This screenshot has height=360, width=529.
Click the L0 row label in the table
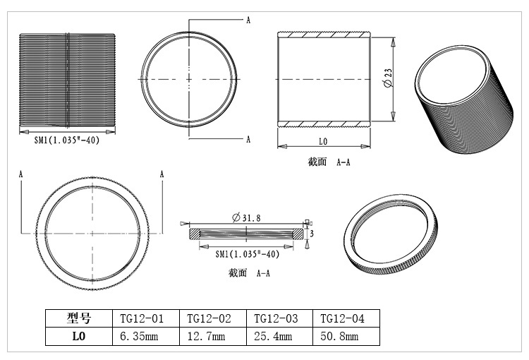(79, 337)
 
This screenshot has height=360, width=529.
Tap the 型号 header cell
(79, 318)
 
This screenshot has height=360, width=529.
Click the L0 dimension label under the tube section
(323, 141)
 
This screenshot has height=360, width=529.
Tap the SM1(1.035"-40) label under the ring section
(243, 252)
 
